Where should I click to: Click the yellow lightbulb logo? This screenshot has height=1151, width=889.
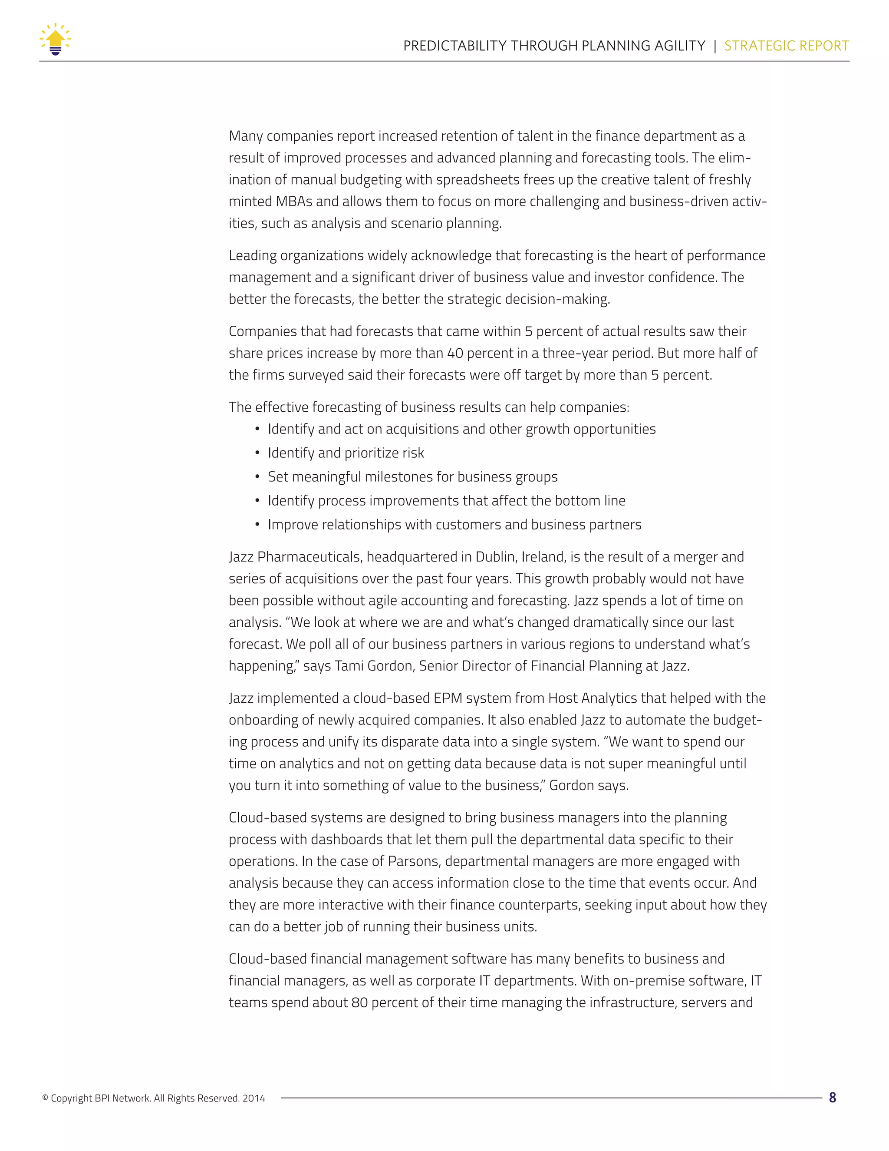(x=55, y=40)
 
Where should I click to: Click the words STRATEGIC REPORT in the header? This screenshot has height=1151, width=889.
(x=786, y=46)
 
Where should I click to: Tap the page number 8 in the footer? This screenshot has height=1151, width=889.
(x=832, y=1098)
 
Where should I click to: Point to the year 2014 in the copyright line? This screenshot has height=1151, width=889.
(x=254, y=1099)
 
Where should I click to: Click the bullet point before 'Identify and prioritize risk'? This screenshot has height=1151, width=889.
(x=257, y=453)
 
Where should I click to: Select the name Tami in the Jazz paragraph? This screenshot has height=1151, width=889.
(x=349, y=666)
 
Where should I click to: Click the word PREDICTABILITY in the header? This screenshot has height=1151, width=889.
(x=454, y=46)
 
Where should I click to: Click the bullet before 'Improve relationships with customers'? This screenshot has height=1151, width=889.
(x=257, y=525)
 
